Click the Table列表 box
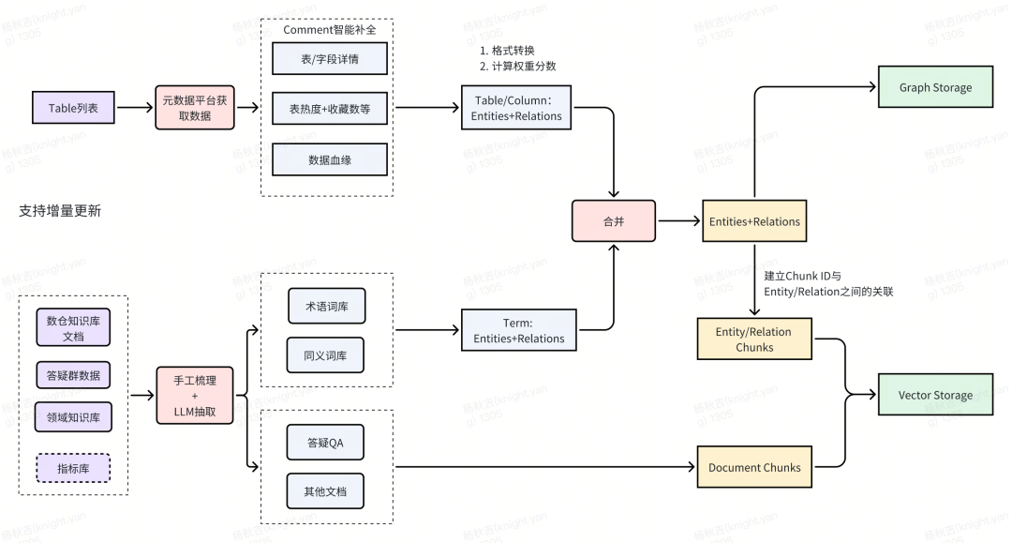point(73,108)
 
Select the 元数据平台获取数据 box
point(194,108)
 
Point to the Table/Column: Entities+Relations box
point(516,108)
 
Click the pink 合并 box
point(613,221)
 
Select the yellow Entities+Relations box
point(753,221)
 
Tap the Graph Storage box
point(934,87)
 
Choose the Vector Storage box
point(934,395)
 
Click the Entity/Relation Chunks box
point(753,339)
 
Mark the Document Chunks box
point(753,467)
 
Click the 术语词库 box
point(325,306)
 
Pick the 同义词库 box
point(325,355)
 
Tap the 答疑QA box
point(325,442)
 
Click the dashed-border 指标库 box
point(73,467)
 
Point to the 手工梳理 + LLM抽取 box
point(194,395)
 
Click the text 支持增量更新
point(60,211)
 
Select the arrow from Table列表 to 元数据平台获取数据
point(135,108)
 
